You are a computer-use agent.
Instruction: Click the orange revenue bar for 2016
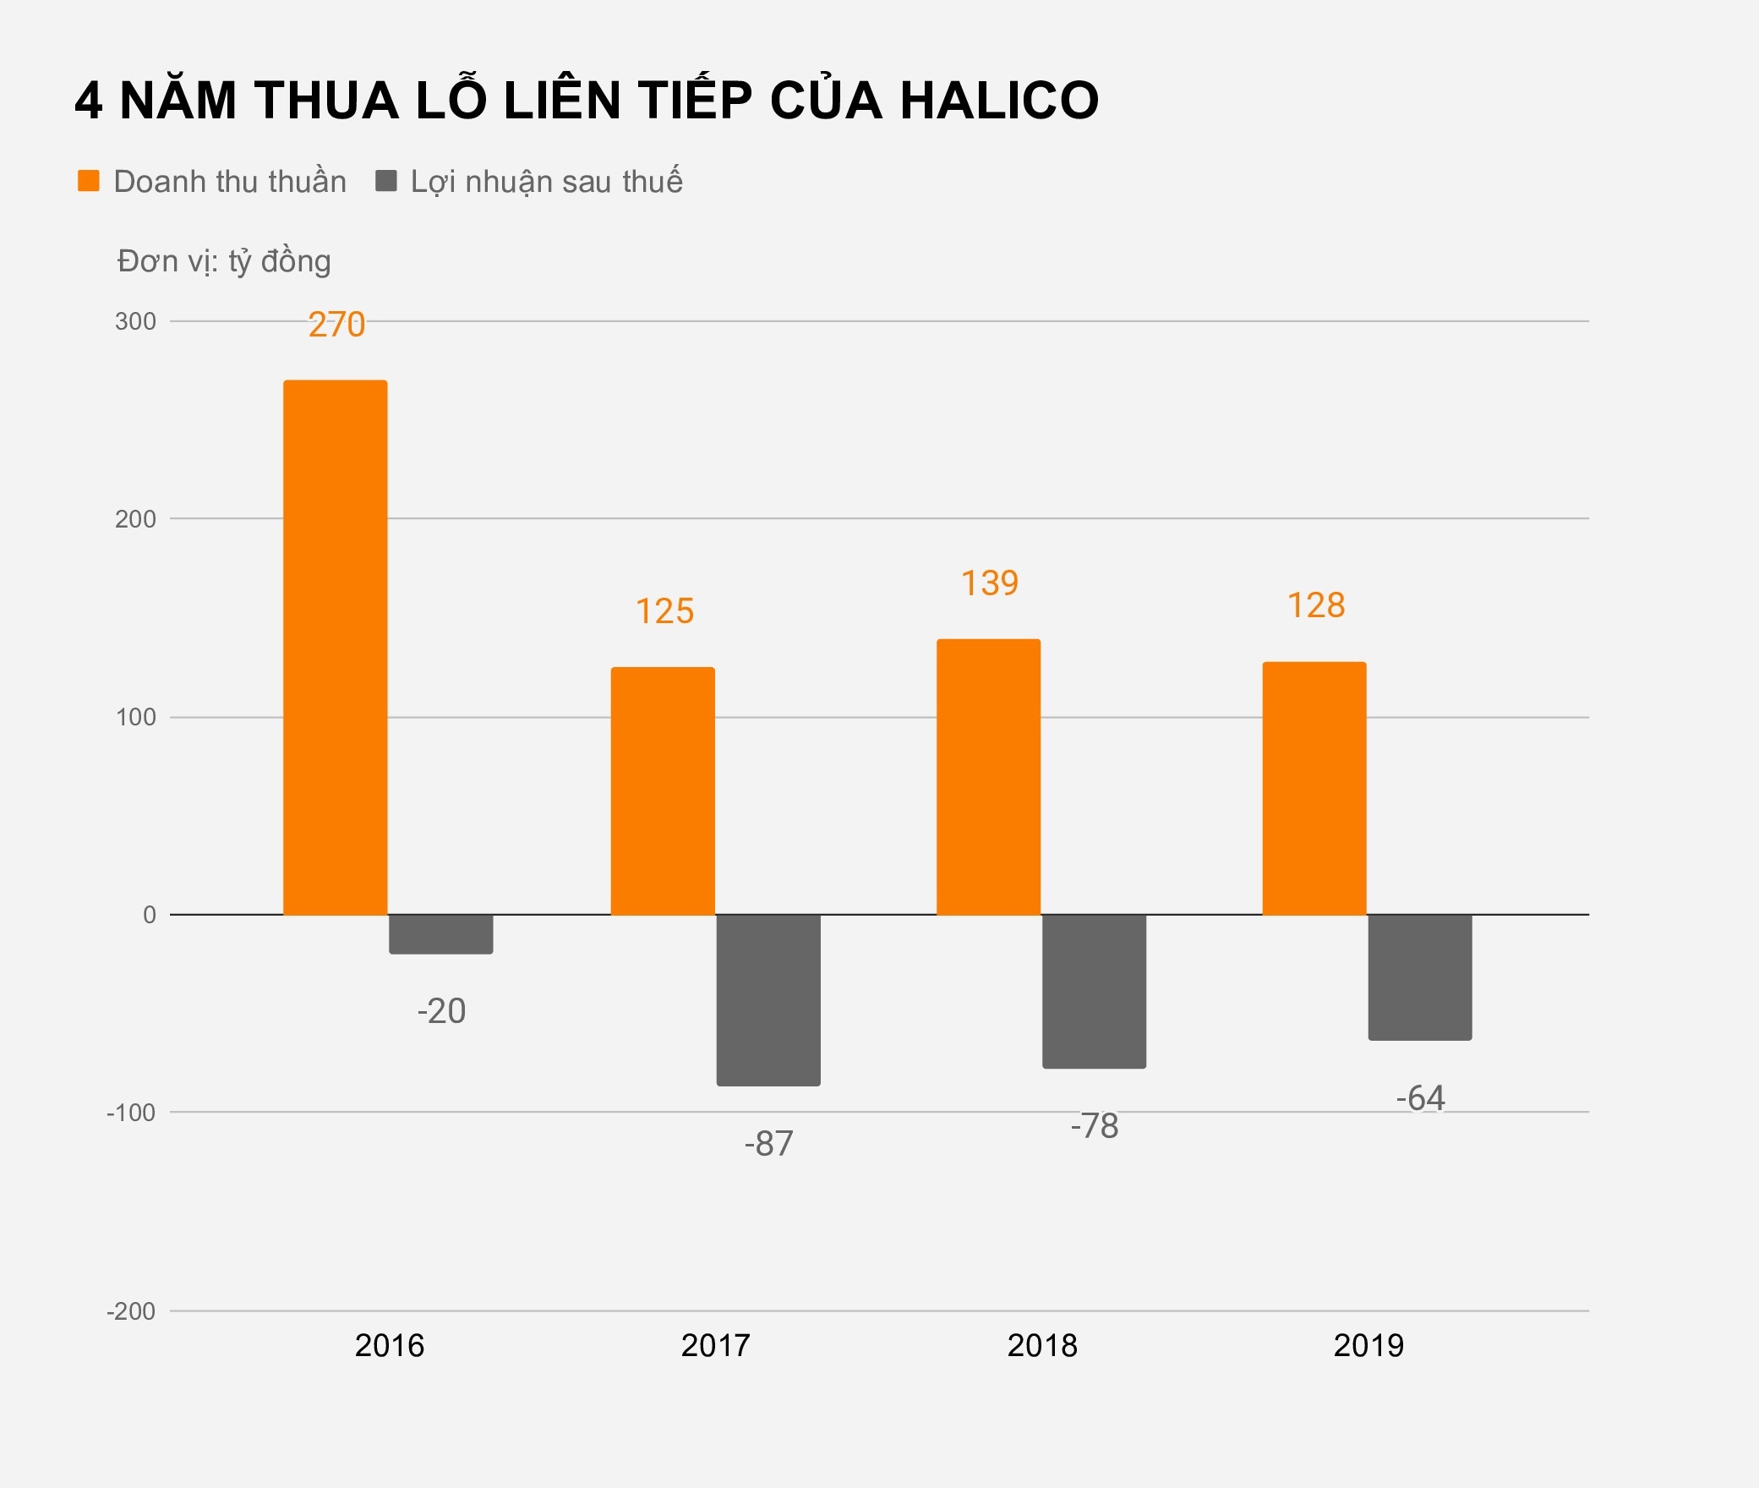pyautogui.click(x=335, y=648)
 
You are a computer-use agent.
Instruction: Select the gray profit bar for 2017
pyautogui.click(x=768, y=999)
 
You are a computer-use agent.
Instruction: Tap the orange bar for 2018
pyautogui.click(x=988, y=777)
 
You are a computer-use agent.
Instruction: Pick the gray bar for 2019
pyautogui.click(x=1420, y=976)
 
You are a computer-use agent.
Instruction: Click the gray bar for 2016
pyautogui.click(x=440, y=934)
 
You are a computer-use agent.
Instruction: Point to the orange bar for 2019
pyautogui.click(x=1314, y=788)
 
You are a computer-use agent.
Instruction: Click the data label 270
pyautogui.click(x=336, y=325)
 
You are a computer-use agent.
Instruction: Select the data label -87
pyautogui.click(x=768, y=1143)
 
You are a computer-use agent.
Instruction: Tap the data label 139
pyautogui.click(x=990, y=583)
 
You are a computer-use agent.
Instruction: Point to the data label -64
pyautogui.click(x=1420, y=1098)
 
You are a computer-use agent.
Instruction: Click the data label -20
pyautogui.click(x=441, y=1011)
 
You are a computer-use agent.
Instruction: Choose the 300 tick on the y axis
pyautogui.click(x=135, y=321)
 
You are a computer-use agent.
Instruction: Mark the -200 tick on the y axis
pyautogui.click(x=131, y=1311)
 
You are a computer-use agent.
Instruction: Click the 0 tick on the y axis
pyautogui.click(x=150, y=915)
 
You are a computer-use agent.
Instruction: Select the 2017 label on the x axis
pyautogui.click(x=715, y=1345)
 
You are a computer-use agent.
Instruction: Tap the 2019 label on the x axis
pyautogui.click(x=1368, y=1345)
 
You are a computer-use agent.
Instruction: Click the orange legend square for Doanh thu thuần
pyautogui.click(x=89, y=181)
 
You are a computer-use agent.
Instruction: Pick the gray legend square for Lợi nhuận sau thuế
pyautogui.click(x=386, y=181)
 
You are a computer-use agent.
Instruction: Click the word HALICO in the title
pyautogui.click(x=999, y=101)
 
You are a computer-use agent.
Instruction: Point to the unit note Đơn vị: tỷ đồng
pyautogui.click(x=224, y=261)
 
